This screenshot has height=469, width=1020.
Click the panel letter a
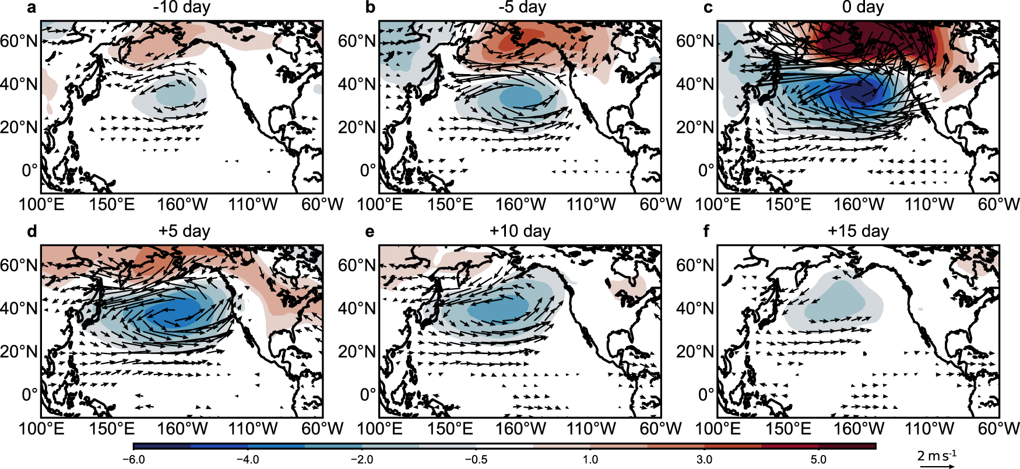pyautogui.click(x=31, y=8)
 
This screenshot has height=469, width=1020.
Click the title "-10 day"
pyautogui.click(x=182, y=8)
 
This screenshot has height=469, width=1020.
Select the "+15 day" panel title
pyautogui.click(x=858, y=231)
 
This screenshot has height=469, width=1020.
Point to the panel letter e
pyautogui.click(x=370, y=232)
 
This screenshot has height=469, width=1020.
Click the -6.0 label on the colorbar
pyautogui.click(x=133, y=459)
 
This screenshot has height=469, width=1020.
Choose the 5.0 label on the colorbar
pyautogui.click(x=818, y=459)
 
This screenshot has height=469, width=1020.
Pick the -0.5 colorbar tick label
pyautogui.click(x=476, y=459)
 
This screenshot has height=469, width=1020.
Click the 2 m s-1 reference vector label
pyautogui.click(x=937, y=456)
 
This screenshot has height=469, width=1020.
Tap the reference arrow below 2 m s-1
pyautogui.click(x=937, y=466)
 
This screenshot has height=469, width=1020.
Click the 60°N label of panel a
pyautogui.click(x=19, y=41)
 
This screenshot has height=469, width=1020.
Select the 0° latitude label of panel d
pyautogui.click(x=30, y=395)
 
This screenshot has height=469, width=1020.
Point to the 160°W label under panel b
pyautogui.click(x=520, y=205)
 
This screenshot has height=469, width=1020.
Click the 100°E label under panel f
pyautogui.click(x=718, y=429)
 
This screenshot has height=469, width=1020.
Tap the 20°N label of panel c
pyautogui.click(x=695, y=127)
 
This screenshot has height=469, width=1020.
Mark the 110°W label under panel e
pyautogui.click(x=591, y=429)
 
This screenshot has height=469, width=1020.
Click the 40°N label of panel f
pyautogui.click(x=695, y=309)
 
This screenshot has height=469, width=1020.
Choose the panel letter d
pyautogui.click(x=31, y=232)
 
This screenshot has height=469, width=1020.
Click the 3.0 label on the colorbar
pyautogui.click(x=704, y=459)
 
